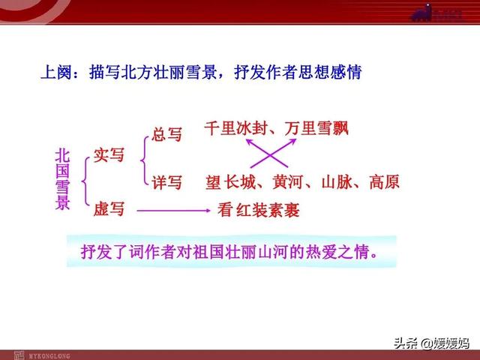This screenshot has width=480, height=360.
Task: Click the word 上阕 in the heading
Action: tap(56, 73)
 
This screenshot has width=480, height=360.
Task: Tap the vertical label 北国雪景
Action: tap(62, 180)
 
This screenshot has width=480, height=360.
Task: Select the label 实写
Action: tap(109, 155)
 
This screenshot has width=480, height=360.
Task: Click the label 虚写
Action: tap(109, 209)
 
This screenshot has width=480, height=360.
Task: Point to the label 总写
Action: tap(166, 134)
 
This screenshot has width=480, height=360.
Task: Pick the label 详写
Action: tap(167, 182)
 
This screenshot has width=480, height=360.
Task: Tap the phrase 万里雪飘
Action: tap(316, 128)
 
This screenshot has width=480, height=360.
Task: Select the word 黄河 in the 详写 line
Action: tap(288, 182)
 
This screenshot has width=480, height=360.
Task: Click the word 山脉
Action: tap(337, 182)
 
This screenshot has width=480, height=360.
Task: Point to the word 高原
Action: tap(385, 182)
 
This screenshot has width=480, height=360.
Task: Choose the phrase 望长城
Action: tap(231, 182)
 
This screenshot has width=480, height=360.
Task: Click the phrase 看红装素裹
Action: tap(259, 210)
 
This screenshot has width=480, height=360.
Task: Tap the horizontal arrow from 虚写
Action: tap(174, 211)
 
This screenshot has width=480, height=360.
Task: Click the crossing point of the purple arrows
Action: tap(270, 155)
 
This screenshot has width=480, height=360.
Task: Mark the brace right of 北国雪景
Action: tap(85, 181)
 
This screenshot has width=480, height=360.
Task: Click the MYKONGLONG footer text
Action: tap(49, 356)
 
